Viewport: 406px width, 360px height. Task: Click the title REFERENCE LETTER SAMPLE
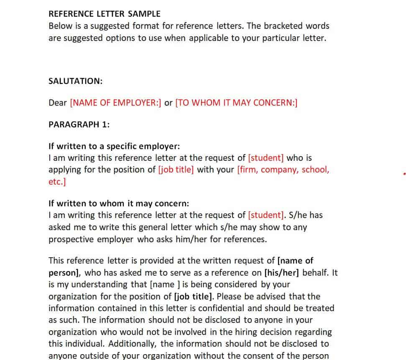tap(105, 14)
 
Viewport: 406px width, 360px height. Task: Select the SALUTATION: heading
tap(75, 81)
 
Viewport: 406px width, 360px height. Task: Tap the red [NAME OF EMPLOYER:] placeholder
tap(115, 103)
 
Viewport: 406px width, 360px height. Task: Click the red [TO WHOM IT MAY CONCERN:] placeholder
tap(236, 103)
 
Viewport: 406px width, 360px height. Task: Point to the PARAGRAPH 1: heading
tap(79, 124)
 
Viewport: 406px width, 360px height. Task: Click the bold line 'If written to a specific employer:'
tap(114, 146)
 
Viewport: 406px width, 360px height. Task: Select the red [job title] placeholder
tap(176, 170)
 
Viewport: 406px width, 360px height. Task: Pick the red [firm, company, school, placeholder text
tap(283, 170)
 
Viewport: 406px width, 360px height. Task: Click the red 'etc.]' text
tap(57, 182)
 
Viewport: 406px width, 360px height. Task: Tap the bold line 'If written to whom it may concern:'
tap(119, 203)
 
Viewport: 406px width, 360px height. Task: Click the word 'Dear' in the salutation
tap(58, 103)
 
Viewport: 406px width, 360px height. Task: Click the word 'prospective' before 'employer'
tap(71, 239)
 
